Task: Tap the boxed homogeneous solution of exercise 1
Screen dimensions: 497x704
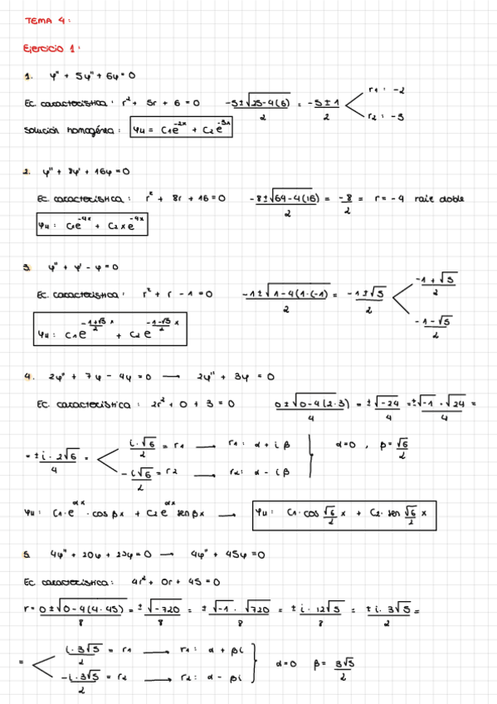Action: (182, 129)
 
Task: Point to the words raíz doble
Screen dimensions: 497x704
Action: (440, 198)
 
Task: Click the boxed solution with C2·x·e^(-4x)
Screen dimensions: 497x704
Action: (92, 224)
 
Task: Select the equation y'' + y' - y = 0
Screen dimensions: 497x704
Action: (83, 267)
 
